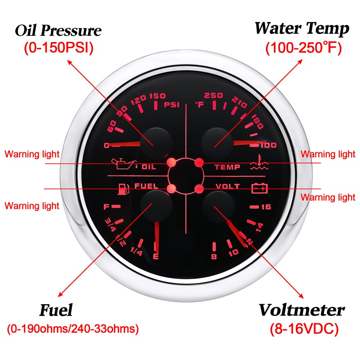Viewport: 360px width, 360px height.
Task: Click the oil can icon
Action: coord(124,163)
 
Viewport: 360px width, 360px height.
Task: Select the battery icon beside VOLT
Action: coord(260,188)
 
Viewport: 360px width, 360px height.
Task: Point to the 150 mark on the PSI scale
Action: coord(157,96)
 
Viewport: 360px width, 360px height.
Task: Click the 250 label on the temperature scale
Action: coord(213,95)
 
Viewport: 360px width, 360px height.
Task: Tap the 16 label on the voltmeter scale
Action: coord(266,207)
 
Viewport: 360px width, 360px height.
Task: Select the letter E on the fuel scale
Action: coord(156,256)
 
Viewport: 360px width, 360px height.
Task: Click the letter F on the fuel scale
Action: coord(106,207)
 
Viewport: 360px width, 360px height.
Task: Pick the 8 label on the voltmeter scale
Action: coord(214,256)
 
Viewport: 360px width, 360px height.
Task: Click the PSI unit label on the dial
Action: coord(171,105)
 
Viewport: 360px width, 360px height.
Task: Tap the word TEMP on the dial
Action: coord(227,167)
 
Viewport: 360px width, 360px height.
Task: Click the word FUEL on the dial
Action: coord(146,186)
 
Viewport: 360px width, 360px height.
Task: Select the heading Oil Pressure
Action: coord(58,30)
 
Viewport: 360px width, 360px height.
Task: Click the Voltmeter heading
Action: coord(302,310)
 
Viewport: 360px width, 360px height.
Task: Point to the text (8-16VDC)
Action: coord(304,329)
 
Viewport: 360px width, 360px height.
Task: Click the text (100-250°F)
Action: coord(303,48)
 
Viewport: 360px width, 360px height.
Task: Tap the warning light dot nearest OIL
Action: coord(171,162)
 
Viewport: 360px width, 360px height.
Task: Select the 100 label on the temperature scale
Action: coord(268,145)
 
